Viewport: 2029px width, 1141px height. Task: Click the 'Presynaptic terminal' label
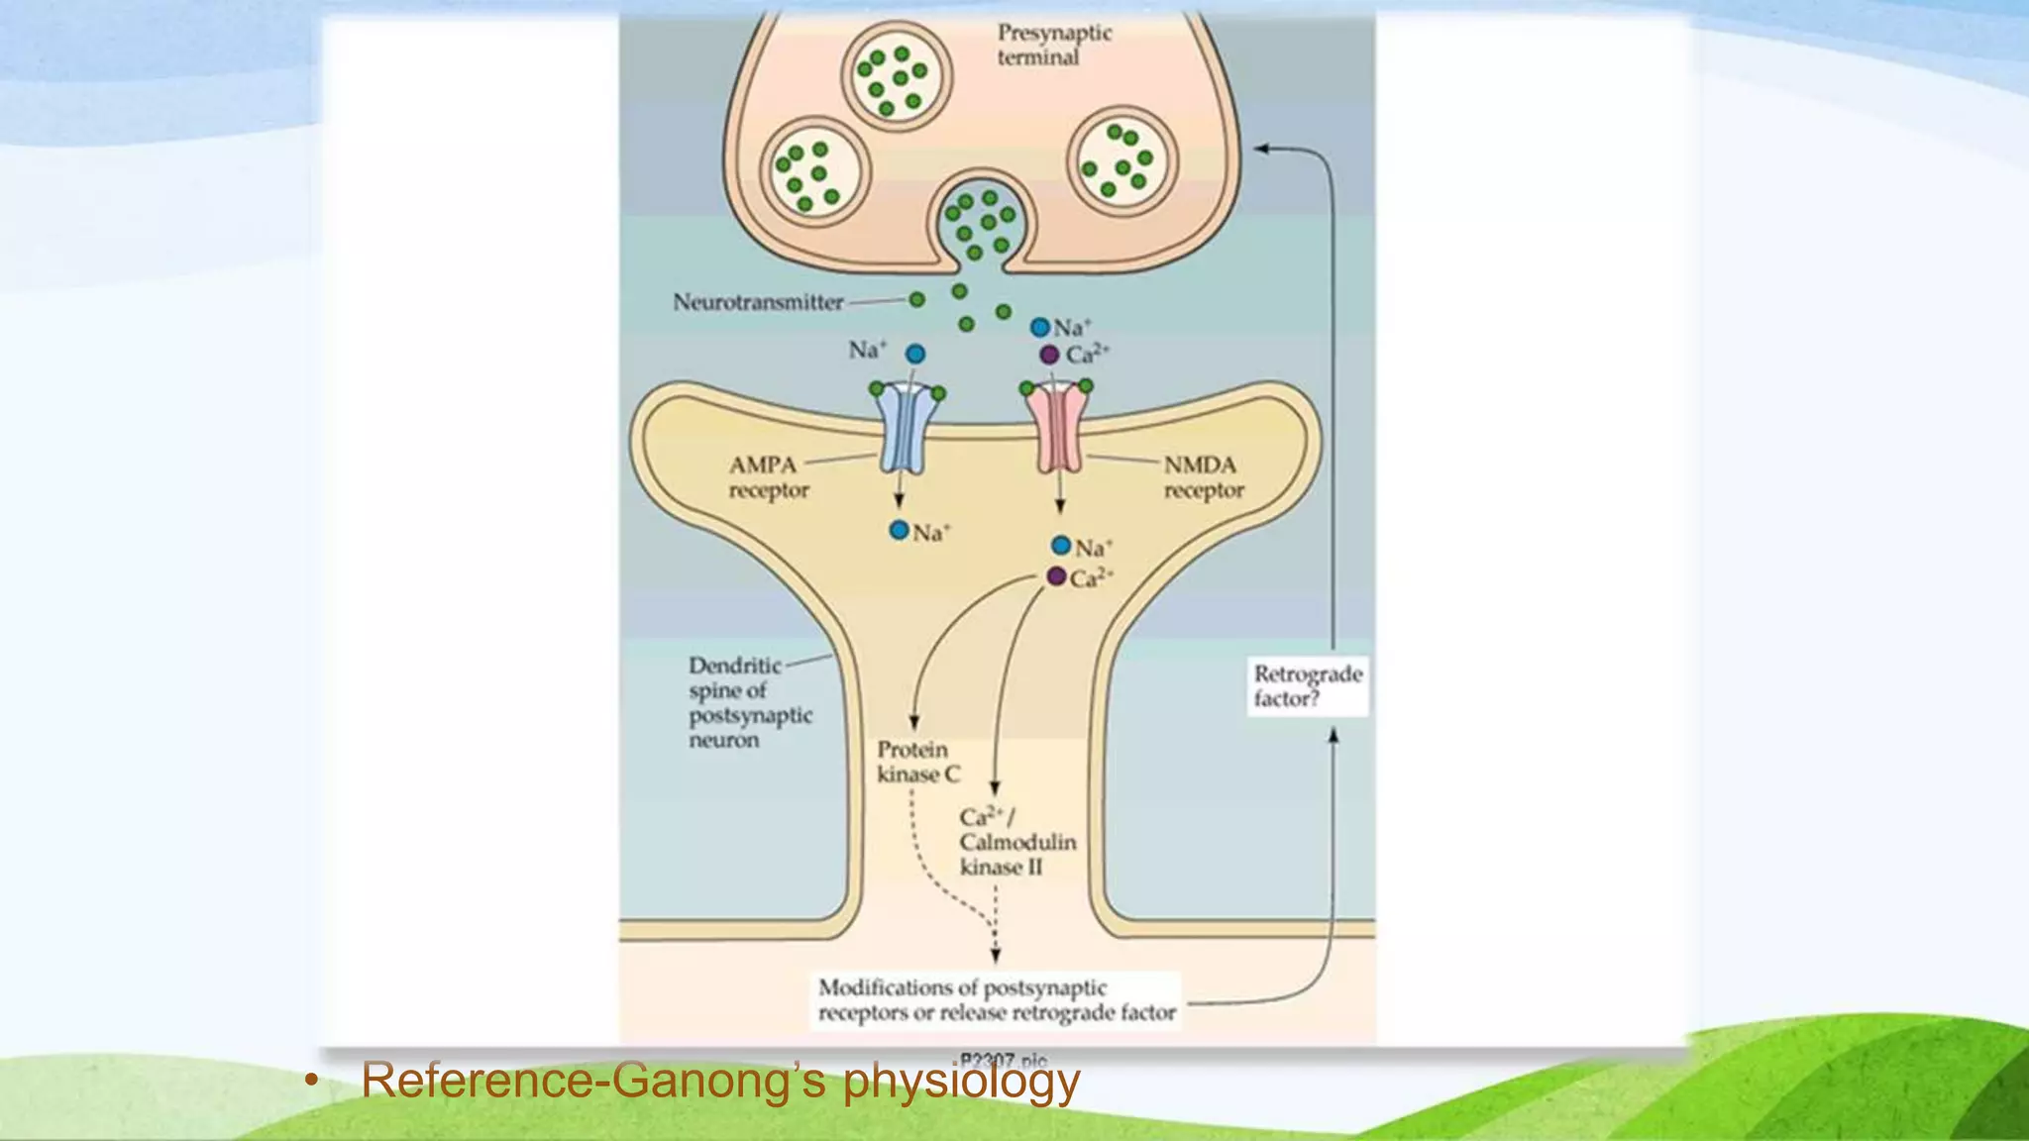(1053, 45)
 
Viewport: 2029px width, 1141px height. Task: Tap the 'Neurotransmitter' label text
(758, 302)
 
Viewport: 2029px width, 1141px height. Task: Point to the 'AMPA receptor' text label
(768, 477)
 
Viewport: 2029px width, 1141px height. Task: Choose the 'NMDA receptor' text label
(1203, 477)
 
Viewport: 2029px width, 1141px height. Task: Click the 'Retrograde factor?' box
(1307, 686)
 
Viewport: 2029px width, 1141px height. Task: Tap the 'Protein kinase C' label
(917, 762)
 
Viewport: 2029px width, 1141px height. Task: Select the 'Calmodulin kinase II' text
(1016, 842)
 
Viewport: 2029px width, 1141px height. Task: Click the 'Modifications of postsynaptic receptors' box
(996, 1000)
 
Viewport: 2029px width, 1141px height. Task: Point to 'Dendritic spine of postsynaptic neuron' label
(749, 702)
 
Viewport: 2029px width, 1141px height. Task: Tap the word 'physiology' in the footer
(960, 1081)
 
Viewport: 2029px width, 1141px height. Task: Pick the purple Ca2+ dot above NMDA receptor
(1049, 355)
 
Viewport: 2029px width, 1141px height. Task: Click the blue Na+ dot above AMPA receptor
(915, 354)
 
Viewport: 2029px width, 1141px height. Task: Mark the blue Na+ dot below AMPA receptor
(899, 531)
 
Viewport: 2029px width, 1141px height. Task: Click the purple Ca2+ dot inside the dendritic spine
(1057, 576)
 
